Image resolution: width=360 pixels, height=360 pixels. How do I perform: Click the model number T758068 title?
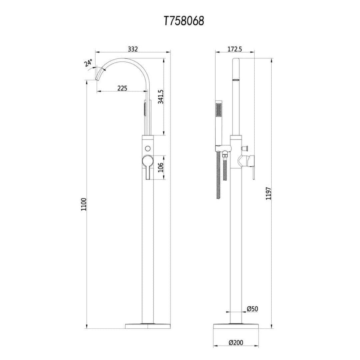point(184,21)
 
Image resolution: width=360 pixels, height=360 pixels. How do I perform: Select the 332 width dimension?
point(133,49)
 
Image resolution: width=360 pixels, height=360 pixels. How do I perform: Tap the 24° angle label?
point(88,63)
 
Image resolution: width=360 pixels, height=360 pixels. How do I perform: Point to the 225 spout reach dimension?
point(122,88)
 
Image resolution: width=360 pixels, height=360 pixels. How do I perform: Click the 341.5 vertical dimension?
point(161,97)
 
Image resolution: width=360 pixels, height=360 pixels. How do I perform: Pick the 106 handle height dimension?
point(161,168)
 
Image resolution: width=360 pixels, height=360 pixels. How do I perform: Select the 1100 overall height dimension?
point(84,204)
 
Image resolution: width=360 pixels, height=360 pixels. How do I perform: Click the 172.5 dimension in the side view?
point(234,49)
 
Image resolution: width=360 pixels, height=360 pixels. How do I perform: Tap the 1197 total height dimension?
point(268,193)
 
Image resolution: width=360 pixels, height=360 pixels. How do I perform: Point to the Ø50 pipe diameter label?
point(252,309)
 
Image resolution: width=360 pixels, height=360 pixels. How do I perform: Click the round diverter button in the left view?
point(148,148)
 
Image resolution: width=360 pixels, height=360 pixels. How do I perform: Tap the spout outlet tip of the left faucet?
point(99,78)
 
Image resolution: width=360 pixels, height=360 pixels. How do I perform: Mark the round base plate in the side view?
point(236,326)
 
